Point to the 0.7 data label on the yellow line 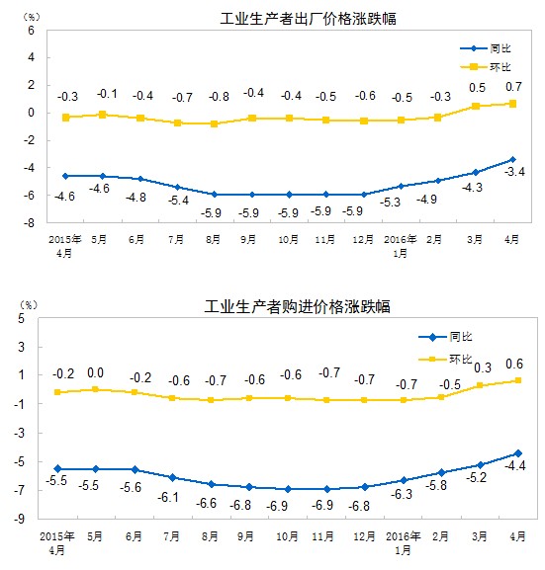tap(514, 87)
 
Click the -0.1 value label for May tap(106, 94)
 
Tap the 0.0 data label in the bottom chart tap(96, 373)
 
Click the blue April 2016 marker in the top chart tap(512, 159)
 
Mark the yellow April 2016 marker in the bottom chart tap(512, 380)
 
